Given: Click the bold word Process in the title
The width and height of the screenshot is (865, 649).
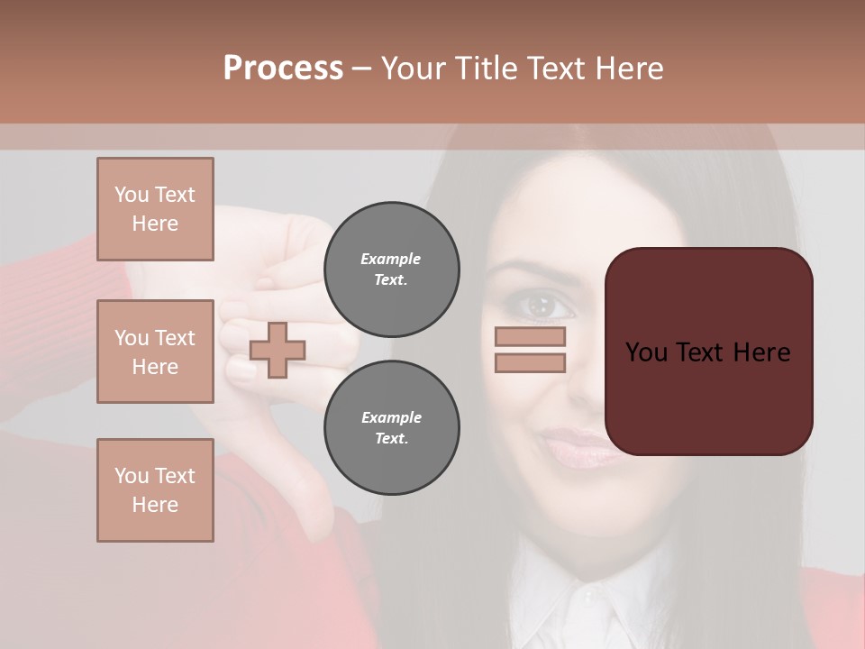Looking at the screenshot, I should click(283, 68).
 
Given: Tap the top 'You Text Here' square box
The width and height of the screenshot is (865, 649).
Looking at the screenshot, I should click(155, 209).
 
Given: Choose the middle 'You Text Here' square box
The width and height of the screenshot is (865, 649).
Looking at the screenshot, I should click(155, 352).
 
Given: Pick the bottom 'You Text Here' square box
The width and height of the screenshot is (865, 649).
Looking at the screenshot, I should click(155, 490).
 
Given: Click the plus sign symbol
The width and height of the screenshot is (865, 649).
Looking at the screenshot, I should click(278, 350).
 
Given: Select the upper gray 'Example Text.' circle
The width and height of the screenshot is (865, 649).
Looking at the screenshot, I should click(391, 270).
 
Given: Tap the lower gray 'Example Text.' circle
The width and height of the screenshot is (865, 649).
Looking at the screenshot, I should click(391, 428).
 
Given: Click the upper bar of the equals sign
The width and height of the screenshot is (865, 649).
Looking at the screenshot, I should click(530, 337).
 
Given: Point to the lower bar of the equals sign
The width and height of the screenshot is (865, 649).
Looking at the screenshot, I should click(530, 362).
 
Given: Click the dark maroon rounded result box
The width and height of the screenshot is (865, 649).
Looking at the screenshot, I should click(708, 352).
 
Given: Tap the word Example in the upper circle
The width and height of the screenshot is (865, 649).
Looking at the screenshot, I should click(390, 259).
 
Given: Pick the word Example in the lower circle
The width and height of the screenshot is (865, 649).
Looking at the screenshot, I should click(391, 417).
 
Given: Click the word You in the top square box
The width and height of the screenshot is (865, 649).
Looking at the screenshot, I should click(130, 195).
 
